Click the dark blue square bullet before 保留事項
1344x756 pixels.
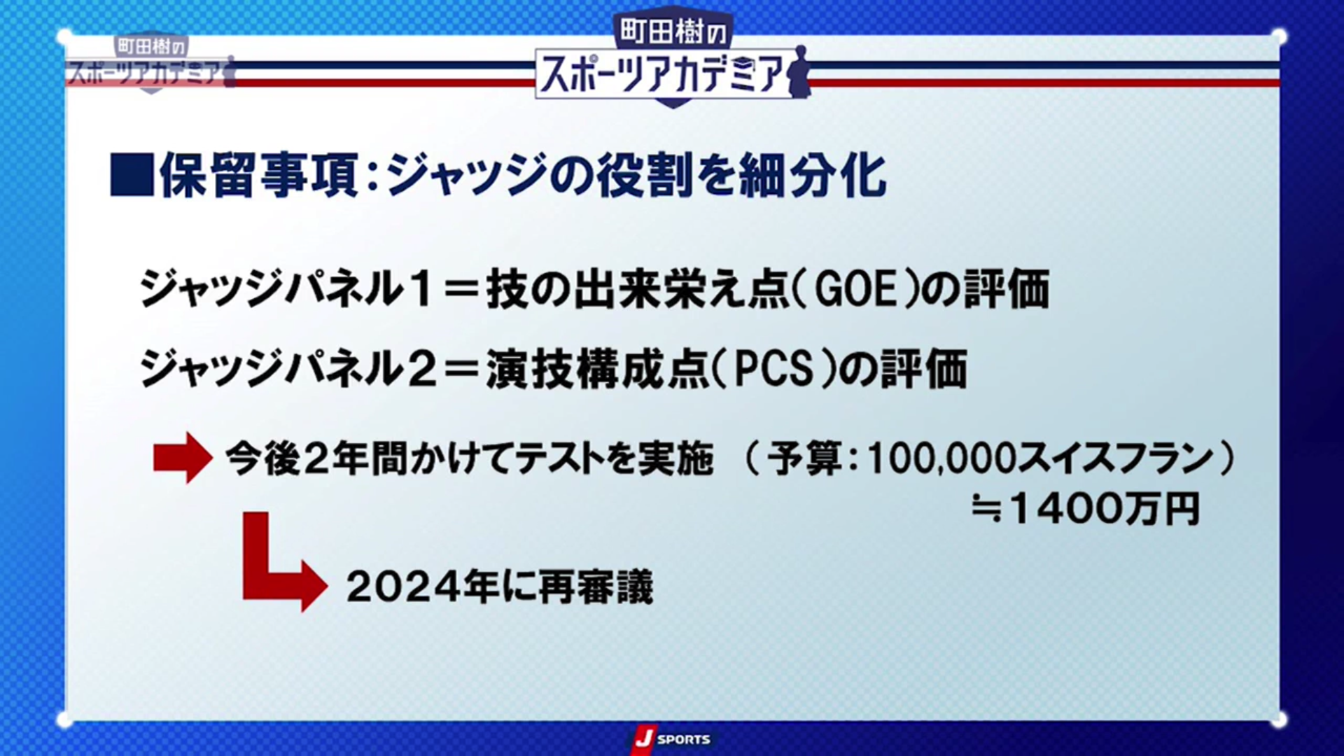132,175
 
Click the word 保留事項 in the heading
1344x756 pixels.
259,175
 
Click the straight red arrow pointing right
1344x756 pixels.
183,458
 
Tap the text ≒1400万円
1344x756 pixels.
1086,509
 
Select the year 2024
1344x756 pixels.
403,587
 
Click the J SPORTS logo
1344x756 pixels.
671,739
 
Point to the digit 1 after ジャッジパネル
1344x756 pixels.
421,288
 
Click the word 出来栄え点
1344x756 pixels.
682,288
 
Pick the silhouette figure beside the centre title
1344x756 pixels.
799,72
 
